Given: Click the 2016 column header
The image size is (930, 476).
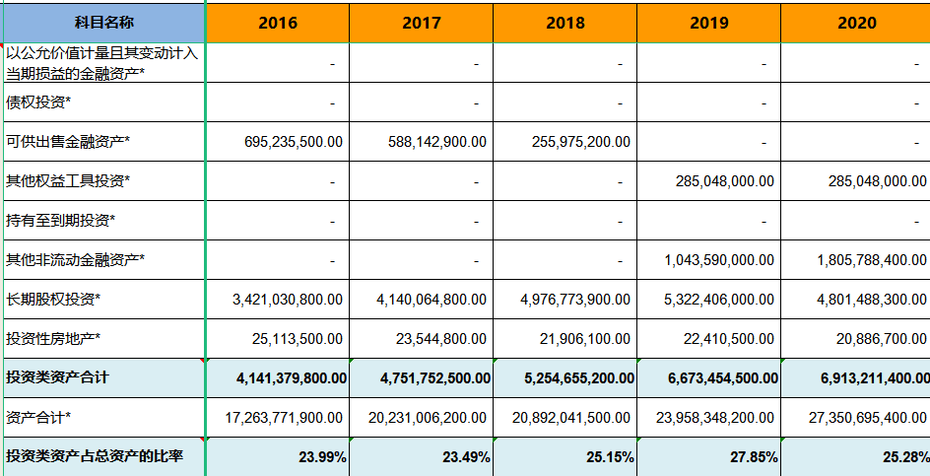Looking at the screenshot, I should (277, 22).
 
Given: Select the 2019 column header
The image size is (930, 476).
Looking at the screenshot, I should (708, 22).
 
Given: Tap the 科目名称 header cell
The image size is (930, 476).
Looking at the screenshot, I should (103, 22).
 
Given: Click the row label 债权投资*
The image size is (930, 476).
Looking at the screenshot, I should (38, 102).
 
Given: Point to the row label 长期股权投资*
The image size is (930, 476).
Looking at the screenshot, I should (53, 299).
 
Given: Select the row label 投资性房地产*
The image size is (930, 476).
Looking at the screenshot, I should (53, 338).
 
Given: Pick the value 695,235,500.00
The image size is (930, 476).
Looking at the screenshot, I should (294, 141).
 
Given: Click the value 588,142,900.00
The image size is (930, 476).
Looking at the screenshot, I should (436, 141).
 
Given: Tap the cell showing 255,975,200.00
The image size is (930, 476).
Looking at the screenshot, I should (580, 141).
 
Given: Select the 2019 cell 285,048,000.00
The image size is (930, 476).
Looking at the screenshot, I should (724, 180).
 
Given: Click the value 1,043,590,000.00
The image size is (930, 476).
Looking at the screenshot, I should (719, 259).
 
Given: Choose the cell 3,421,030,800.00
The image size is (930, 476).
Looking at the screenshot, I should (288, 299).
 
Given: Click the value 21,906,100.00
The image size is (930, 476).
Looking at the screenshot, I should (584, 338).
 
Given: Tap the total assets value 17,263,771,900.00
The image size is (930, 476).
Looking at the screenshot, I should (284, 418).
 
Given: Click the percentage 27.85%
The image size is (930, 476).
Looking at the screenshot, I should (755, 457).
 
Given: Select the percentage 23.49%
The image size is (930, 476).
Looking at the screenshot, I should (467, 457).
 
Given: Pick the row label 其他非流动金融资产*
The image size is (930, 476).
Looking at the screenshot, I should (75, 259).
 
